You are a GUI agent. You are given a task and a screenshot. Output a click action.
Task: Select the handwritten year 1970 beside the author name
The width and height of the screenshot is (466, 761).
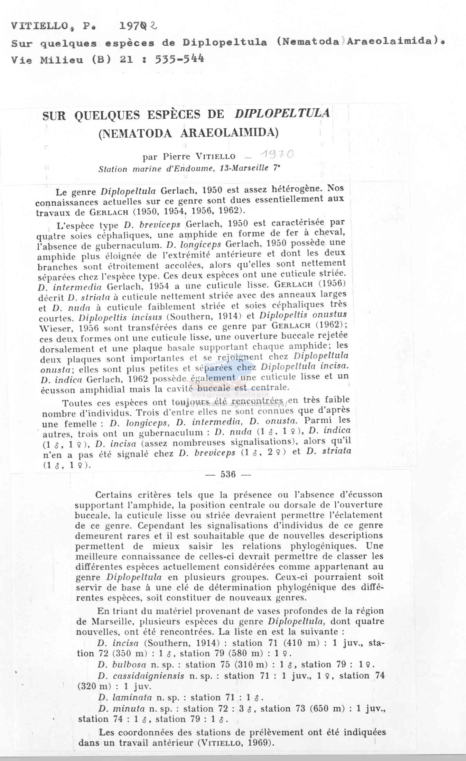[x=277, y=154]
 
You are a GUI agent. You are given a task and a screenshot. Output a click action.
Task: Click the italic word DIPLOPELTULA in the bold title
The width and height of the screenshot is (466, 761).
[x=282, y=114]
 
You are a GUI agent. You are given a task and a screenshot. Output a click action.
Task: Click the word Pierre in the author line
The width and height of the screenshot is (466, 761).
[x=177, y=157]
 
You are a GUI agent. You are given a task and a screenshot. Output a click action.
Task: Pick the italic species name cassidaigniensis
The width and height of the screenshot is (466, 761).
[x=148, y=676]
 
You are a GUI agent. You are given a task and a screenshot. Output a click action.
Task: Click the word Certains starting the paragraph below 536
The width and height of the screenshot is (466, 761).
[x=116, y=495]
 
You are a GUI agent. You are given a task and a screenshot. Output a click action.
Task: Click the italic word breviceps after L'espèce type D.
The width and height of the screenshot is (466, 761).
[x=160, y=224]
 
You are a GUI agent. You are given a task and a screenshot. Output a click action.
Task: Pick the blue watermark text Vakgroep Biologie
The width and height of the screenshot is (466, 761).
[x=232, y=394]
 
